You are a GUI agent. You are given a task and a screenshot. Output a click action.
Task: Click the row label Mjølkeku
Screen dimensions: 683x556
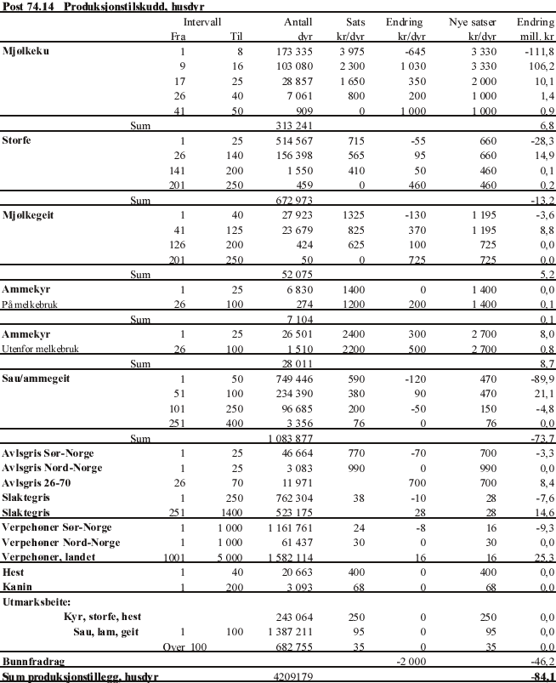point(26,51)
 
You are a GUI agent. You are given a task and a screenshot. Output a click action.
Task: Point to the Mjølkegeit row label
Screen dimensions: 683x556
point(28,215)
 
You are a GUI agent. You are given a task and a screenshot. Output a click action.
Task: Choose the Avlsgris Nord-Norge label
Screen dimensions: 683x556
point(51,468)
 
